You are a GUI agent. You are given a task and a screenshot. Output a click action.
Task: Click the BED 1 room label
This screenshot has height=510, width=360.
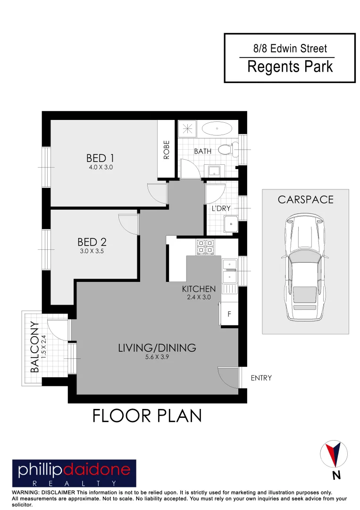click(100, 158)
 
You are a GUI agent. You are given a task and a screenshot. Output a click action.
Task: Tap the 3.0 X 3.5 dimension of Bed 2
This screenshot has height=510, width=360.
click(92, 252)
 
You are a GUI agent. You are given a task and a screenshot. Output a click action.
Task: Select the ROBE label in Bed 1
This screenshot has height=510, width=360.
click(166, 149)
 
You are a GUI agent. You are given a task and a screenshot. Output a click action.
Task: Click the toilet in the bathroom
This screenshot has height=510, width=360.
click(227, 149)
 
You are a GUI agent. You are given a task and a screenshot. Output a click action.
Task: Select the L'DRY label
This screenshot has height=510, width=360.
click(220, 208)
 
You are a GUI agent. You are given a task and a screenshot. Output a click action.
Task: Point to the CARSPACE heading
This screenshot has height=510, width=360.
click(305, 199)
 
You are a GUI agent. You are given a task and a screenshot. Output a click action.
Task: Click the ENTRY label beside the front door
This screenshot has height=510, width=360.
click(261, 378)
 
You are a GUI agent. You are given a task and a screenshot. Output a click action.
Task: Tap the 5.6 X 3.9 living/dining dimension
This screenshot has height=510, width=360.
click(157, 357)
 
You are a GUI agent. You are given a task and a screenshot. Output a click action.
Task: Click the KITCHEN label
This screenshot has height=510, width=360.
click(199, 289)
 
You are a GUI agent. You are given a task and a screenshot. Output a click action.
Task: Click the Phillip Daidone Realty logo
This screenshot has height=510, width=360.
click(74, 473)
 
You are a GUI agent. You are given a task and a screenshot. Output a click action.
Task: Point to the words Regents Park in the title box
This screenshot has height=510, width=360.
click(290, 67)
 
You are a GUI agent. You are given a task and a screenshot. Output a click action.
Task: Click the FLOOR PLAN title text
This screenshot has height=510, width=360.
click(147, 416)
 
